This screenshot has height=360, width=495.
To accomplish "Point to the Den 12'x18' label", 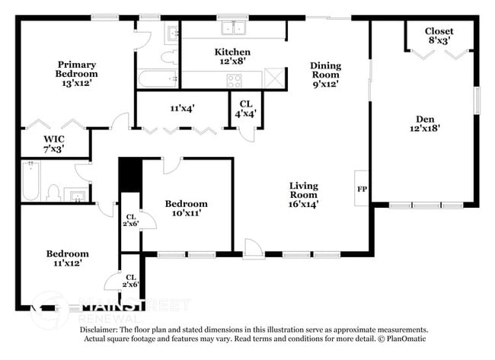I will [x=425, y=124].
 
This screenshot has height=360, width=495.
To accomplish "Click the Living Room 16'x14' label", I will [x=303, y=194].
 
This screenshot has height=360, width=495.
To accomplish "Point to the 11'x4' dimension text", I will [x=183, y=108].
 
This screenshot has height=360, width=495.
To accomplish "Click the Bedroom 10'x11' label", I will [x=187, y=209].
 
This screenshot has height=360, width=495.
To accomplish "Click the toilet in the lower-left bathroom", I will [x=54, y=192].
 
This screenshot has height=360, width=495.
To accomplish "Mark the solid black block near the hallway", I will [x=130, y=175].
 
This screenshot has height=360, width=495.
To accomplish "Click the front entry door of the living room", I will [x=252, y=248].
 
